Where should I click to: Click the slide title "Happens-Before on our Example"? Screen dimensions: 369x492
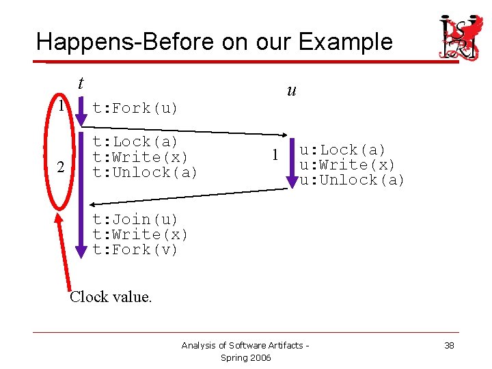(x=214, y=42)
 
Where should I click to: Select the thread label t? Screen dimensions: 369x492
(x=81, y=83)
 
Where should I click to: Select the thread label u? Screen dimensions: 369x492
(x=291, y=90)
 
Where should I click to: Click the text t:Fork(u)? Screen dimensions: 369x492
(x=135, y=108)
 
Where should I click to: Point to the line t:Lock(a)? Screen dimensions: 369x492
(x=135, y=142)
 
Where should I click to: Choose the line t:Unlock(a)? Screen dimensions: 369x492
(x=145, y=172)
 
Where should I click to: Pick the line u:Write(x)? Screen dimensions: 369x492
(x=347, y=165)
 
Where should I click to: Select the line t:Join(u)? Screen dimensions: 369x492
(x=135, y=219)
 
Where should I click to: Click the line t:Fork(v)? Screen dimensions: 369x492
(x=135, y=249)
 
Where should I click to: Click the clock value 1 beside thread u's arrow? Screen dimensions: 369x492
(x=275, y=155)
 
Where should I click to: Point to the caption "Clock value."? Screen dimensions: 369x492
(x=111, y=297)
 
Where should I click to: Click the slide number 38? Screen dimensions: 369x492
(x=449, y=346)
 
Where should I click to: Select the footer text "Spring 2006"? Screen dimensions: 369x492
(x=245, y=358)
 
